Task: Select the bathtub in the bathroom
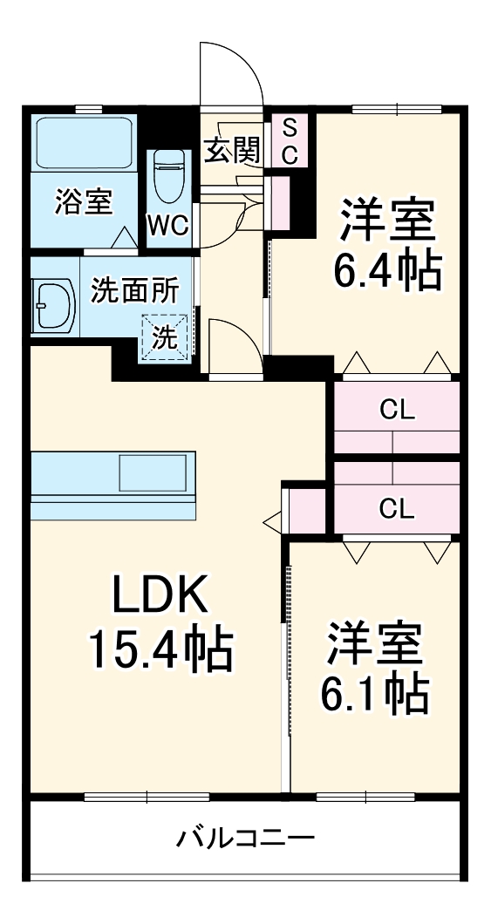pos(84,144)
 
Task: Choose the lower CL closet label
pos(397,508)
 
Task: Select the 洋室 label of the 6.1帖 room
pos(373,642)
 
